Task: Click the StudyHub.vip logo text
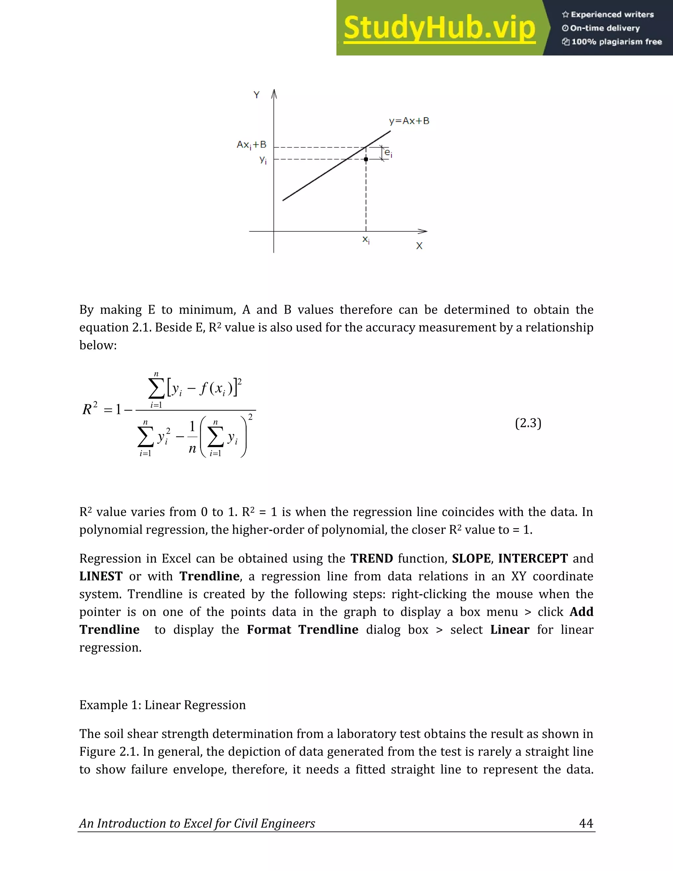coord(439,28)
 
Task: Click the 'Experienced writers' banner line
coord(608,15)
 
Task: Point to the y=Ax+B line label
coord(409,121)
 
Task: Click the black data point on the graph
coord(366,159)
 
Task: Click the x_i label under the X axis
coord(366,240)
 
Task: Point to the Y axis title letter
coord(256,95)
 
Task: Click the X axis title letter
coord(419,246)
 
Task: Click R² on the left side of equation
coord(90,409)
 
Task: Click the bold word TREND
coord(372,558)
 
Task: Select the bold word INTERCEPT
coord(533,558)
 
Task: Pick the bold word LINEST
coord(101,576)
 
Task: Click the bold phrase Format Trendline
coord(302,630)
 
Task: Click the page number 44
coord(586,823)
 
